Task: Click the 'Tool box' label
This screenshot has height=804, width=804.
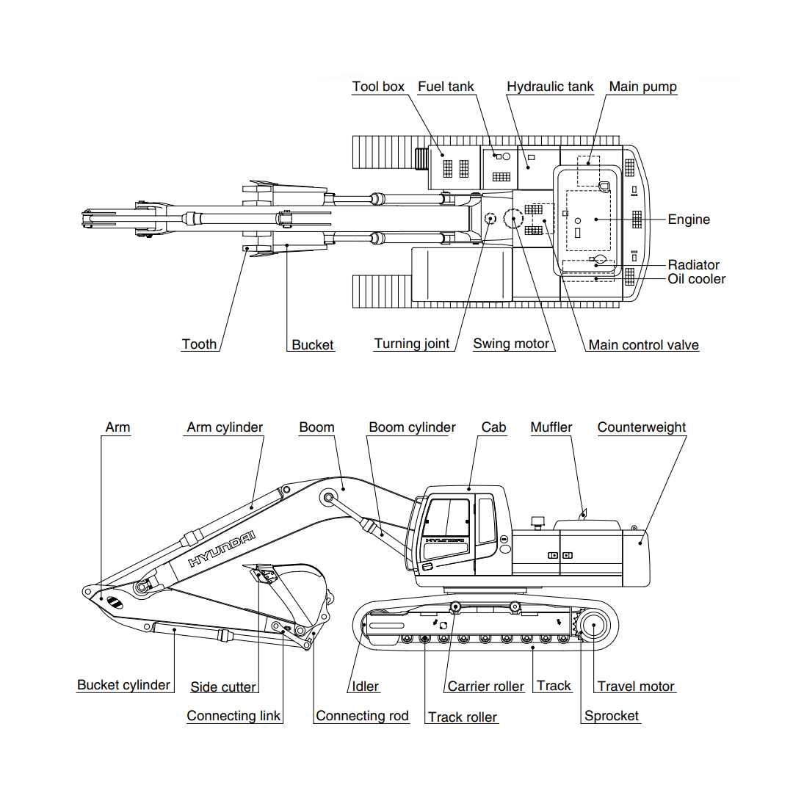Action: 378,87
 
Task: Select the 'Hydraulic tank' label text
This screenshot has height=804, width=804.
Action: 550,87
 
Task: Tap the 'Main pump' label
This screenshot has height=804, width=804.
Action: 642,87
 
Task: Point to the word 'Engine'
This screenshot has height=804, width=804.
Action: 689,220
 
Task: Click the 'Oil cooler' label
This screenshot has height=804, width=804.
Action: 696,279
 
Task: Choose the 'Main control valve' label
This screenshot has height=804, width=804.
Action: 643,345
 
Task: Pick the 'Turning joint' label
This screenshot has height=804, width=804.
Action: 411,344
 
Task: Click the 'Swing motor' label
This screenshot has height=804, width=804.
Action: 511,344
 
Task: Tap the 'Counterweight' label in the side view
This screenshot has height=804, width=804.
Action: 641,427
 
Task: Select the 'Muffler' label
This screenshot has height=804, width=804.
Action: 551,427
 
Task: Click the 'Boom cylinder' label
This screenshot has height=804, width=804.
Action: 412,427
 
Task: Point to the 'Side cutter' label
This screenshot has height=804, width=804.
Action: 223,687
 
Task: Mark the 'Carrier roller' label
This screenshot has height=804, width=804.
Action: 485,687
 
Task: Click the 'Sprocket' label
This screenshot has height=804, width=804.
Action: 611,716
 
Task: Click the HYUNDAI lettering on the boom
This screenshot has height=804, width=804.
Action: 222,548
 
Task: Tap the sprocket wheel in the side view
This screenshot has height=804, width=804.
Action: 592,626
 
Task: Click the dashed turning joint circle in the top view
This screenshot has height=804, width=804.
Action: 490,217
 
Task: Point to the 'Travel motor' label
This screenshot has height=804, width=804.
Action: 635,687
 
